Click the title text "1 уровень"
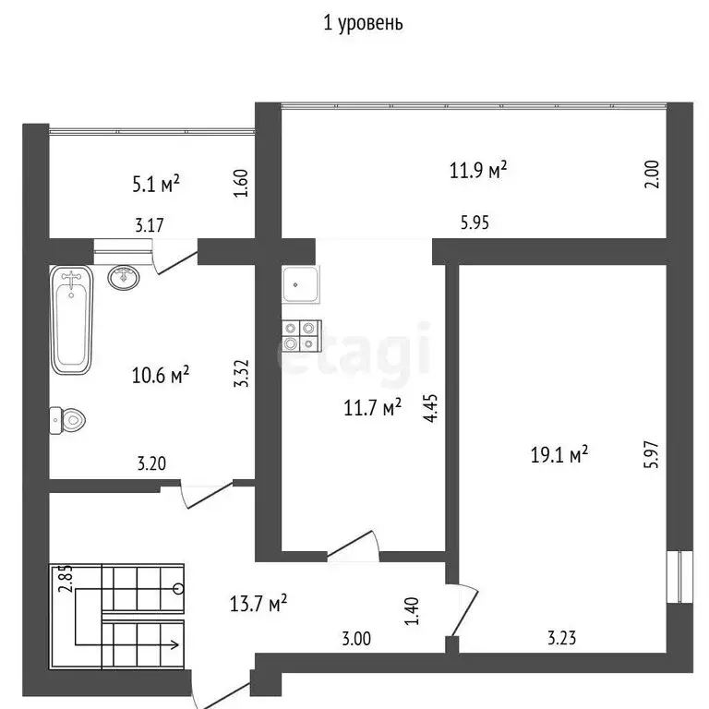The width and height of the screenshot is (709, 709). tap(363, 23)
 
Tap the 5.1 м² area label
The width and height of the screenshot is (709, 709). tap(156, 185)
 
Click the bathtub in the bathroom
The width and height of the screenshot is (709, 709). tap(73, 320)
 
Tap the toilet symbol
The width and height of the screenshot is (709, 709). tap(69, 421)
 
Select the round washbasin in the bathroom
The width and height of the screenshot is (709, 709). tap(124, 276)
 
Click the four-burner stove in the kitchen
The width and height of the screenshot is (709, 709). tap(299, 335)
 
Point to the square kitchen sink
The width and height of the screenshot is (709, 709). tap(300, 285)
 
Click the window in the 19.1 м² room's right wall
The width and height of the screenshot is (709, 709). tap(680, 577)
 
